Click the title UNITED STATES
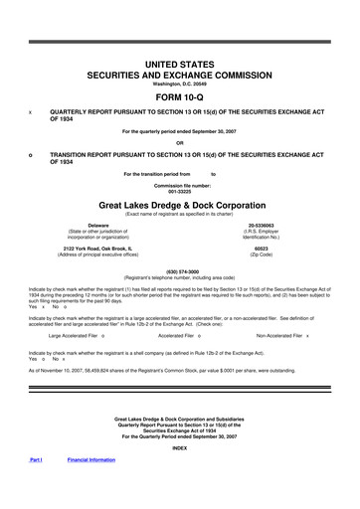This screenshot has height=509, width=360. [180, 64]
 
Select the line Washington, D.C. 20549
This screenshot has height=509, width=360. [180, 84]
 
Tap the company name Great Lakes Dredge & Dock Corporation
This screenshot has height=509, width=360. [180, 203]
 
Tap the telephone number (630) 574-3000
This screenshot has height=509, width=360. [180, 269]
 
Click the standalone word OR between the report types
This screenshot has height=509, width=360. [180, 142]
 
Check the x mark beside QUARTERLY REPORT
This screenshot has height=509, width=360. [31, 112]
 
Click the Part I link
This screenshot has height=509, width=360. [36, 460]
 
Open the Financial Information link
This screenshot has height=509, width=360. [90, 460]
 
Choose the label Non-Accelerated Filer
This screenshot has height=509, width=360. [278, 336]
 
